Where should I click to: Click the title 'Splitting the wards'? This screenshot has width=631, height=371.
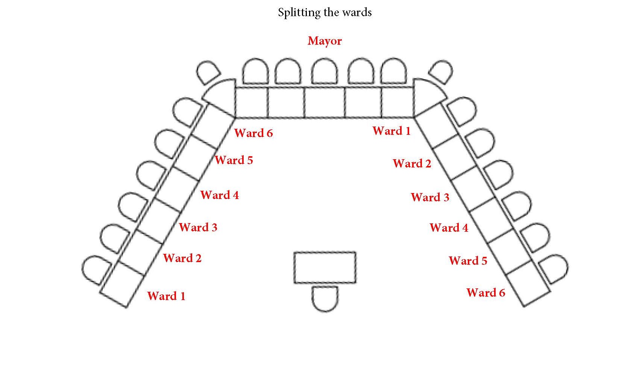[x=325, y=12]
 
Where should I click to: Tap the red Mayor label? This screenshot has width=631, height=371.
[x=325, y=41]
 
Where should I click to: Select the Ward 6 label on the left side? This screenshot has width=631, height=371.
[x=253, y=133]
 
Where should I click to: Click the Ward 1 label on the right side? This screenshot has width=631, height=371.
[x=391, y=131]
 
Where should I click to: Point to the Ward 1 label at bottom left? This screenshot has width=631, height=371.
[x=166, y=296]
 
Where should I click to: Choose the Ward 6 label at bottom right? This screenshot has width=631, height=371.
[x=485, y=293]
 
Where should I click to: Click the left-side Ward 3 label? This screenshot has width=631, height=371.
[x=198, y=227]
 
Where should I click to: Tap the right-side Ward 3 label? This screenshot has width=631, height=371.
[x=430, y=197]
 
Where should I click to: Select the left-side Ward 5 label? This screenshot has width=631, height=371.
[x=234, y=160]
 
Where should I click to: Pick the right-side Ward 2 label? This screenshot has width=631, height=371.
[x=412, y=163]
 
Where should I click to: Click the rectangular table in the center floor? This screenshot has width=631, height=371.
[x=325, y=267]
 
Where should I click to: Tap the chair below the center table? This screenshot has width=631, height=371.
[x=325, y=298]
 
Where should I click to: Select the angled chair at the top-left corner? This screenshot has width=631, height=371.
[x=208, y=72]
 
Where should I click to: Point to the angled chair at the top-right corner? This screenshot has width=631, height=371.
[x=441, y=72]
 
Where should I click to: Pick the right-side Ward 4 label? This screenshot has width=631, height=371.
[x=449, y=228]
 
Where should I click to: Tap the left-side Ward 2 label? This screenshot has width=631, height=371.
[x=182, y=258]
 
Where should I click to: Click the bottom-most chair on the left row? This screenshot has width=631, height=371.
[x=96, y=269]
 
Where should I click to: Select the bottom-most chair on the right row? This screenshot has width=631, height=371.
[x=554, y=268]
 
